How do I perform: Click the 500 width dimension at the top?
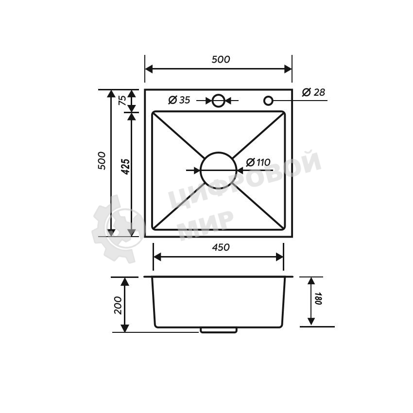pyautogui.click(x=221, y=60)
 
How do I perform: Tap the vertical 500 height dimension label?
pyautogui.click(x=102, y=161)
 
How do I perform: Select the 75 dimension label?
pyautogui.click(x=122, y=101)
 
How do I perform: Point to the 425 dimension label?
pyautogui.click(x=126, y=167)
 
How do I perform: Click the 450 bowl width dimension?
pyautogui.click(x=221, y=247)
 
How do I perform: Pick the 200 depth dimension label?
pyautogui.click(x=118, y=305)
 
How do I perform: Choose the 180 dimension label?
pyautogui.click(x=318, y=298)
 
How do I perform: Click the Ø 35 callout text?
pyautogui.click(x=179, y=100)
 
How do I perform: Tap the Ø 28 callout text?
pyautogui.click(x=313, y=92)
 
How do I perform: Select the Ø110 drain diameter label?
pyautogui.click(x=258, y=162)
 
